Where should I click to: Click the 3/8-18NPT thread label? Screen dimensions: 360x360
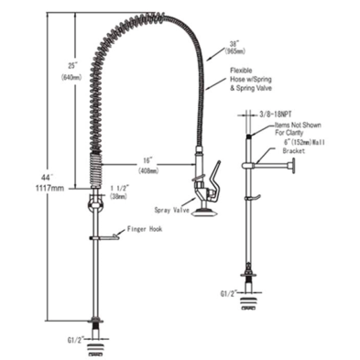(x=273, y=115)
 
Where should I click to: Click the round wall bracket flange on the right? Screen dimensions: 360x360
(x=292, y=168)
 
